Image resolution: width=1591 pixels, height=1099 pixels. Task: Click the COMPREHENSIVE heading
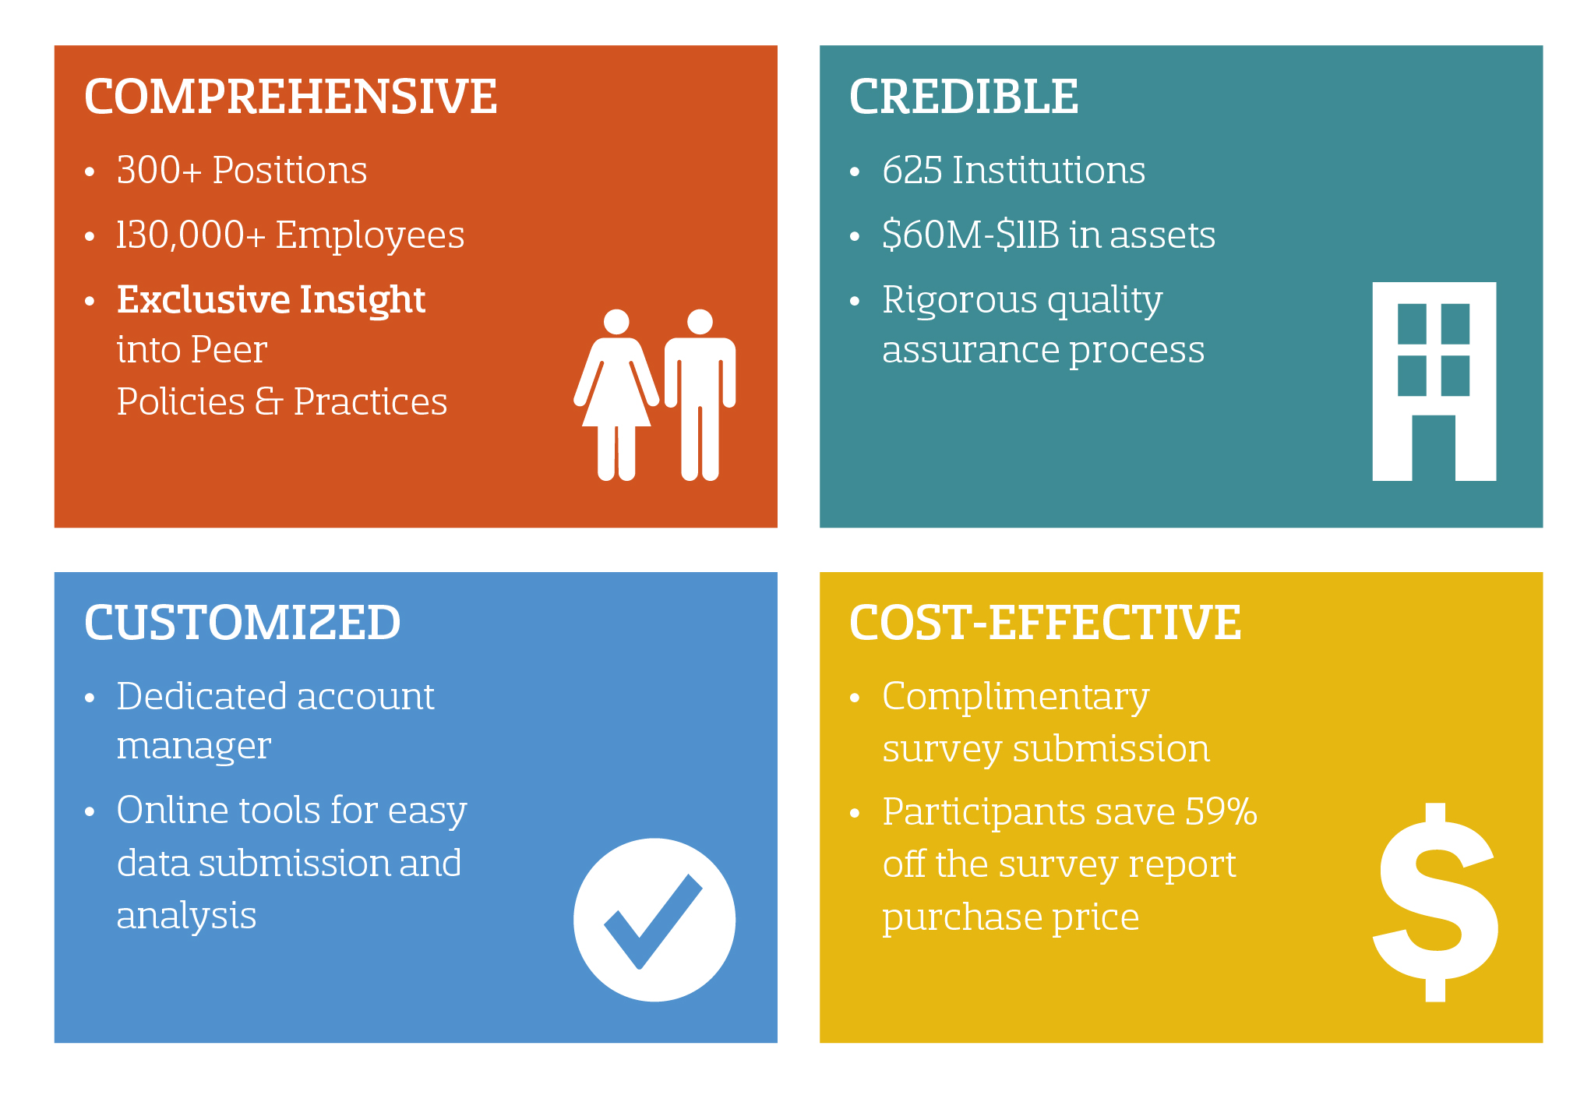coord(290,97)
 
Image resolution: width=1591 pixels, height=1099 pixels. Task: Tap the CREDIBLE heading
coord(964,97)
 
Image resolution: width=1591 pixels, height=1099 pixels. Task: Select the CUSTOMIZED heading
coord(242,623)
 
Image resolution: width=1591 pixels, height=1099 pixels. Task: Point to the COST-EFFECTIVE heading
coord(1045,623)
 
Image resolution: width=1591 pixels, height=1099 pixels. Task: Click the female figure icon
coord(616,394)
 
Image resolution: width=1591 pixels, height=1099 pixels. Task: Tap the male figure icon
coord(700,394)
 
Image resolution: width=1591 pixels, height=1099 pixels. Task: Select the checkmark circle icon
coord(654,920)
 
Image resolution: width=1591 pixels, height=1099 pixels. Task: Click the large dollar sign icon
coord(1435,902)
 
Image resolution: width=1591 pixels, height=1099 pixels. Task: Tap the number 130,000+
coord(191,235)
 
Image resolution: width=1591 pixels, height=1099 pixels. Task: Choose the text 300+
coord(159,170)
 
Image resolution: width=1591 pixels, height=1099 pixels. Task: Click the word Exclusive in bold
coord(204,299)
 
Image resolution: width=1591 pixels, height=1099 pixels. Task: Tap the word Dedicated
coord(201,696)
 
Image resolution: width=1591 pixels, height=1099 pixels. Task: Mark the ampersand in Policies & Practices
coord(269,401)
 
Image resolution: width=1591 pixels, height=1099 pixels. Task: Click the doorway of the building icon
coord(1434,448)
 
